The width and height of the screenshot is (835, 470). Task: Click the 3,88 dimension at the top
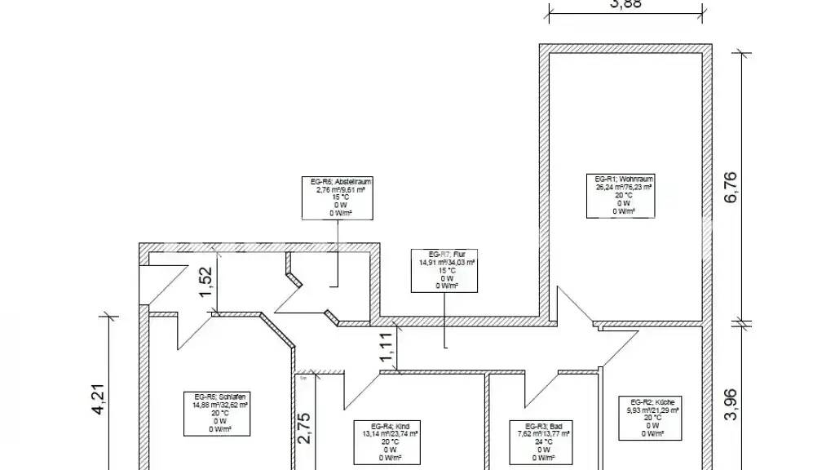point(625,4)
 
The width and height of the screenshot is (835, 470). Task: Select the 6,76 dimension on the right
point(731,187)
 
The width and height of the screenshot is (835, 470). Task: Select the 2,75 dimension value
point(303,428)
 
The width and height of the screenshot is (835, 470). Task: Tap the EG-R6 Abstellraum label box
point(338,197)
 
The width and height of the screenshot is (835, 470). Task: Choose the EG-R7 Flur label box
point(447,270)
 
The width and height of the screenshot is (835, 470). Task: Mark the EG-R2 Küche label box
point(652,417)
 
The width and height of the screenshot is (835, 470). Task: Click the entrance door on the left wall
point(159,286)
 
